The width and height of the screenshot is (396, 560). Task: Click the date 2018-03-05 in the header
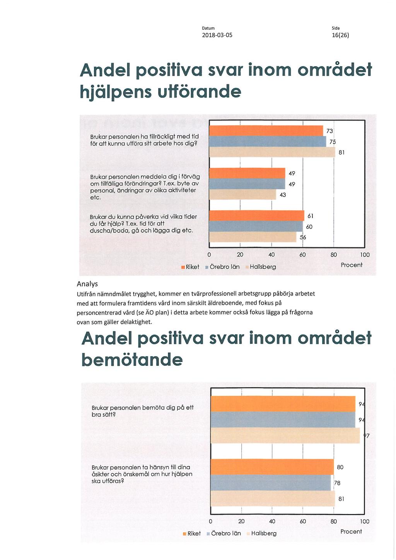[x=217, y=35]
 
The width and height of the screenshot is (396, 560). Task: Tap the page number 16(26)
[x=340, y=35]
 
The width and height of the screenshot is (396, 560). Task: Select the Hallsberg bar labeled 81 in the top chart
[x=272, y=152]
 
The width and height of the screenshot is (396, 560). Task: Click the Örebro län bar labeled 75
[x=268, y=142]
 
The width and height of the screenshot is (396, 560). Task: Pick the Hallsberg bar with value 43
[x=242, y=195]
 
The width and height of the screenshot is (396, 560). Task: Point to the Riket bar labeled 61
[x=256, y=216]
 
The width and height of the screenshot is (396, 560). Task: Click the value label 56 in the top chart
[x=303, y=237]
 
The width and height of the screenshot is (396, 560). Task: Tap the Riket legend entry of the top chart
[x=190, y=267]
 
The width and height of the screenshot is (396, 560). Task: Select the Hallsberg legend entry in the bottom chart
[x=261, y=533]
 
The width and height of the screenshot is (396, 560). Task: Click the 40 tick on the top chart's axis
[x=271, y=255]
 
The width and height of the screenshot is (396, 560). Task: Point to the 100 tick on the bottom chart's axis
[x=365, y=521]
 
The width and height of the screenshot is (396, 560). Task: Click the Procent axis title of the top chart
[x=352, y=265]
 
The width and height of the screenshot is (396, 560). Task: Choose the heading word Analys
[x=87, y=284]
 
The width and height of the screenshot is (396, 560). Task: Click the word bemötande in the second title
[x=132, y=360]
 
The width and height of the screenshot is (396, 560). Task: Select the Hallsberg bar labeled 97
[x=285, y=435]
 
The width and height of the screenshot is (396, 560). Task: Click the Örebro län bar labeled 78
[x=271, y=483]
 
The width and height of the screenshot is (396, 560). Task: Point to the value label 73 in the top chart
[x=329, y=131]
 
